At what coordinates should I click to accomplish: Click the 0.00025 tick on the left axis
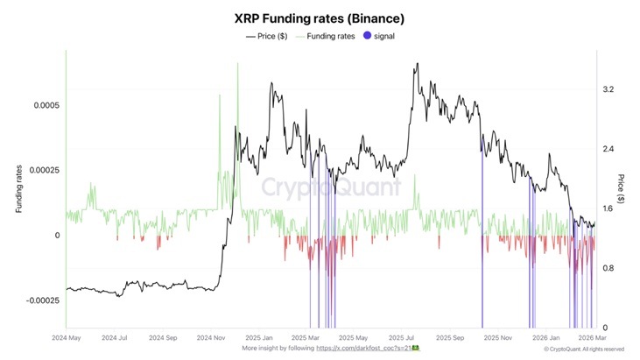tap(41, 170)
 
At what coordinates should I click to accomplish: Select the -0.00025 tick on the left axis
tap(39, 300)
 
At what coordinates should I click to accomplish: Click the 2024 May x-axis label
tap(66, 336)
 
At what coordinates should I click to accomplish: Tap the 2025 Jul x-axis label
tap(405, 336)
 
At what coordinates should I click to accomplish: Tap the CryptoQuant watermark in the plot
tap(331, 187)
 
